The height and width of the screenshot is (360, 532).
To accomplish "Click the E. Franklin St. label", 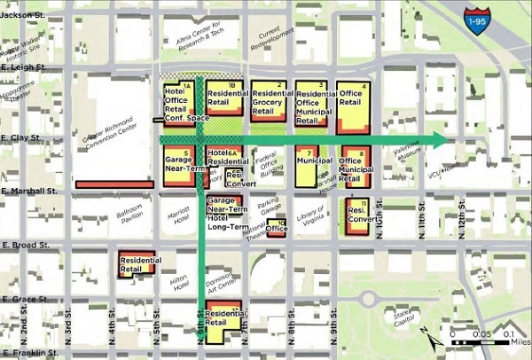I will click(x=28, y=354).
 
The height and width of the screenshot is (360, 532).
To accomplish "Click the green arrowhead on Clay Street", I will click(x=440, y=139).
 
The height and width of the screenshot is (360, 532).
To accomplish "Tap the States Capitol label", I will click(x=403, y=317).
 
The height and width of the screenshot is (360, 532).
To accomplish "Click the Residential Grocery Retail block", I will click(x=267, y=103).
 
